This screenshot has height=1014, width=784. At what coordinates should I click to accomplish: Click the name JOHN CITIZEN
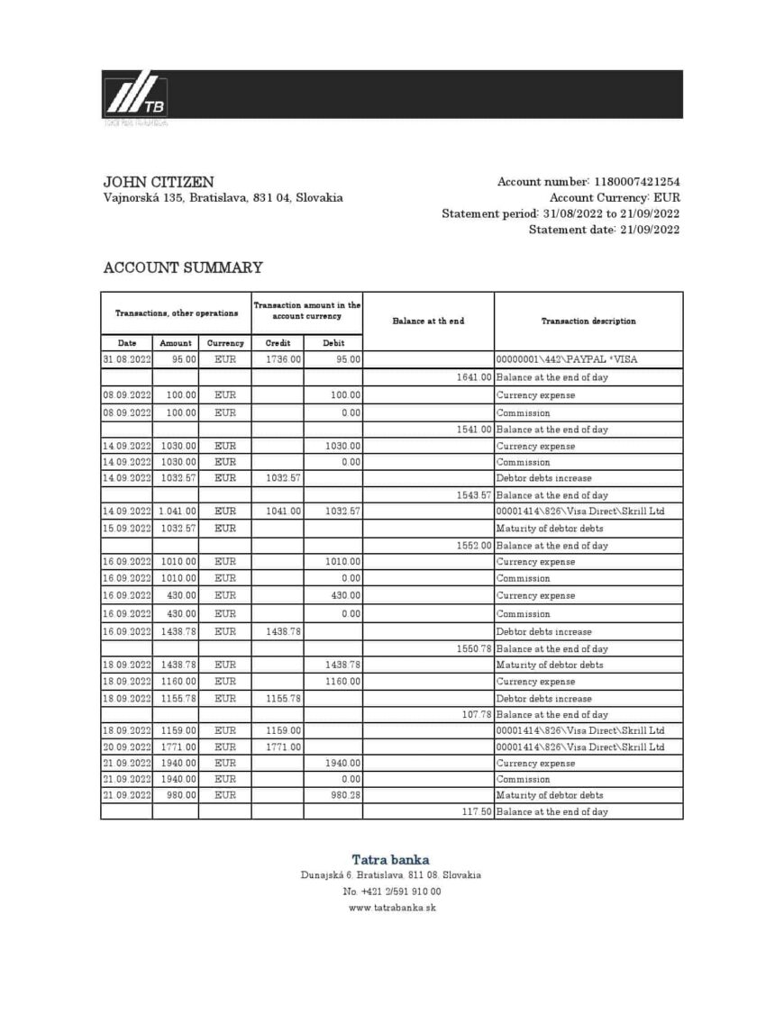[x=159, y=182]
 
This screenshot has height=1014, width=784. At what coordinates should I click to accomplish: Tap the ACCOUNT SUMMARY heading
[x=183, y=267]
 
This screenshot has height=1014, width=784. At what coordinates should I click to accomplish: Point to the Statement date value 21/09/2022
[x=649, y=230]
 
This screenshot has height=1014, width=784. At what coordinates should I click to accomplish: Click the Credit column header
[x=277, y=343]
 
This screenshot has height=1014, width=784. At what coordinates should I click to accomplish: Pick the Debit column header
[x=333, y=343]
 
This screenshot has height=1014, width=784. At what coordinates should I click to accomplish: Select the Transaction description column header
[x=588, y=321]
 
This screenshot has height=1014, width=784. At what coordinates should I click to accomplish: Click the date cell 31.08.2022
[x=126, y=359]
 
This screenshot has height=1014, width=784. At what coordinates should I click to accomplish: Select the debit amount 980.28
[x=346, y=795]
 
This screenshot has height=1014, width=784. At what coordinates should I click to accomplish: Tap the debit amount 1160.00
[x=342, y=682]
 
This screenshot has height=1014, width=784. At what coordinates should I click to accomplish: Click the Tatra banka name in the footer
[x=390, y=859]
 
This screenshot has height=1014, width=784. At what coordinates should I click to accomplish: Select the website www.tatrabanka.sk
[x=391, y=908]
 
